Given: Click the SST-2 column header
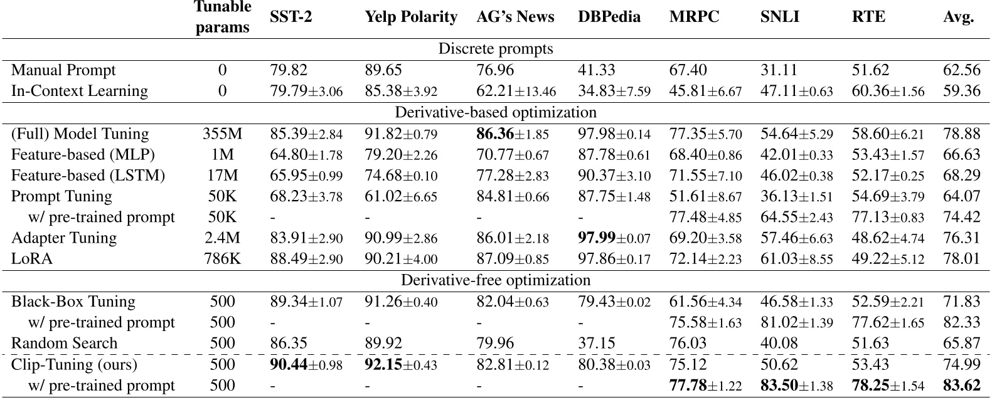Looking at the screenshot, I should point(291,18).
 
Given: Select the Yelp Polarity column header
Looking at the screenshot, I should point(411,18).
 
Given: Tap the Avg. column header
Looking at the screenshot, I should point(958,18).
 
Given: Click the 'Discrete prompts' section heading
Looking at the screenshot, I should point(495,49).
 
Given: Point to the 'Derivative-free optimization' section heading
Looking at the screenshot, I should point(495,280).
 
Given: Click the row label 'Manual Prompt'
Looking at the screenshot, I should point(63,70).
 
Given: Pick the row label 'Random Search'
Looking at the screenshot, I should point(64,344).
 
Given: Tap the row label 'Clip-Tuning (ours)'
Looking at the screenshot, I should point(74,364).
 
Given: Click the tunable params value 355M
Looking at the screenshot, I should point(222,134).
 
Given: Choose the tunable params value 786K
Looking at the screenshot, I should point(222,259).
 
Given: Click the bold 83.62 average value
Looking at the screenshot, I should point(961,386).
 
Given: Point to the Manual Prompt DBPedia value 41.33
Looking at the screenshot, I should point(596,70).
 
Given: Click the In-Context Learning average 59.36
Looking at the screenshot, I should point(961,91).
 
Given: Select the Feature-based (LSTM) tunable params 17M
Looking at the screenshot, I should point(222,176).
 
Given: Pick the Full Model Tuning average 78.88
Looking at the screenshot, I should point(961,134).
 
